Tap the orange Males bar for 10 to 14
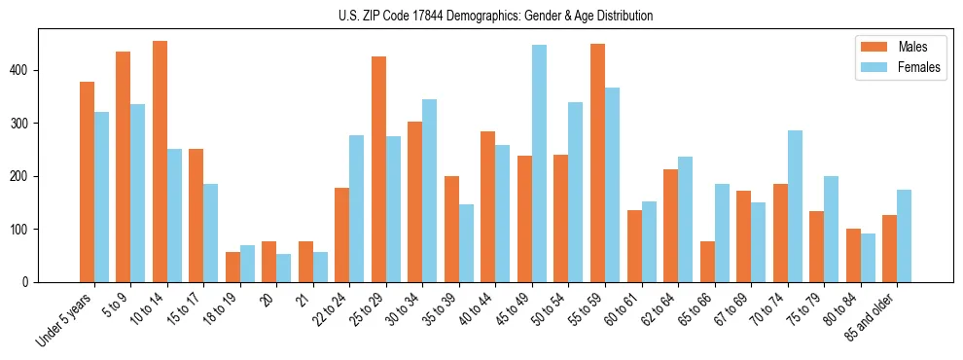[160, 162]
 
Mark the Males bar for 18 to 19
[232, 267]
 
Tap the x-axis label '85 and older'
[872, 317]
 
